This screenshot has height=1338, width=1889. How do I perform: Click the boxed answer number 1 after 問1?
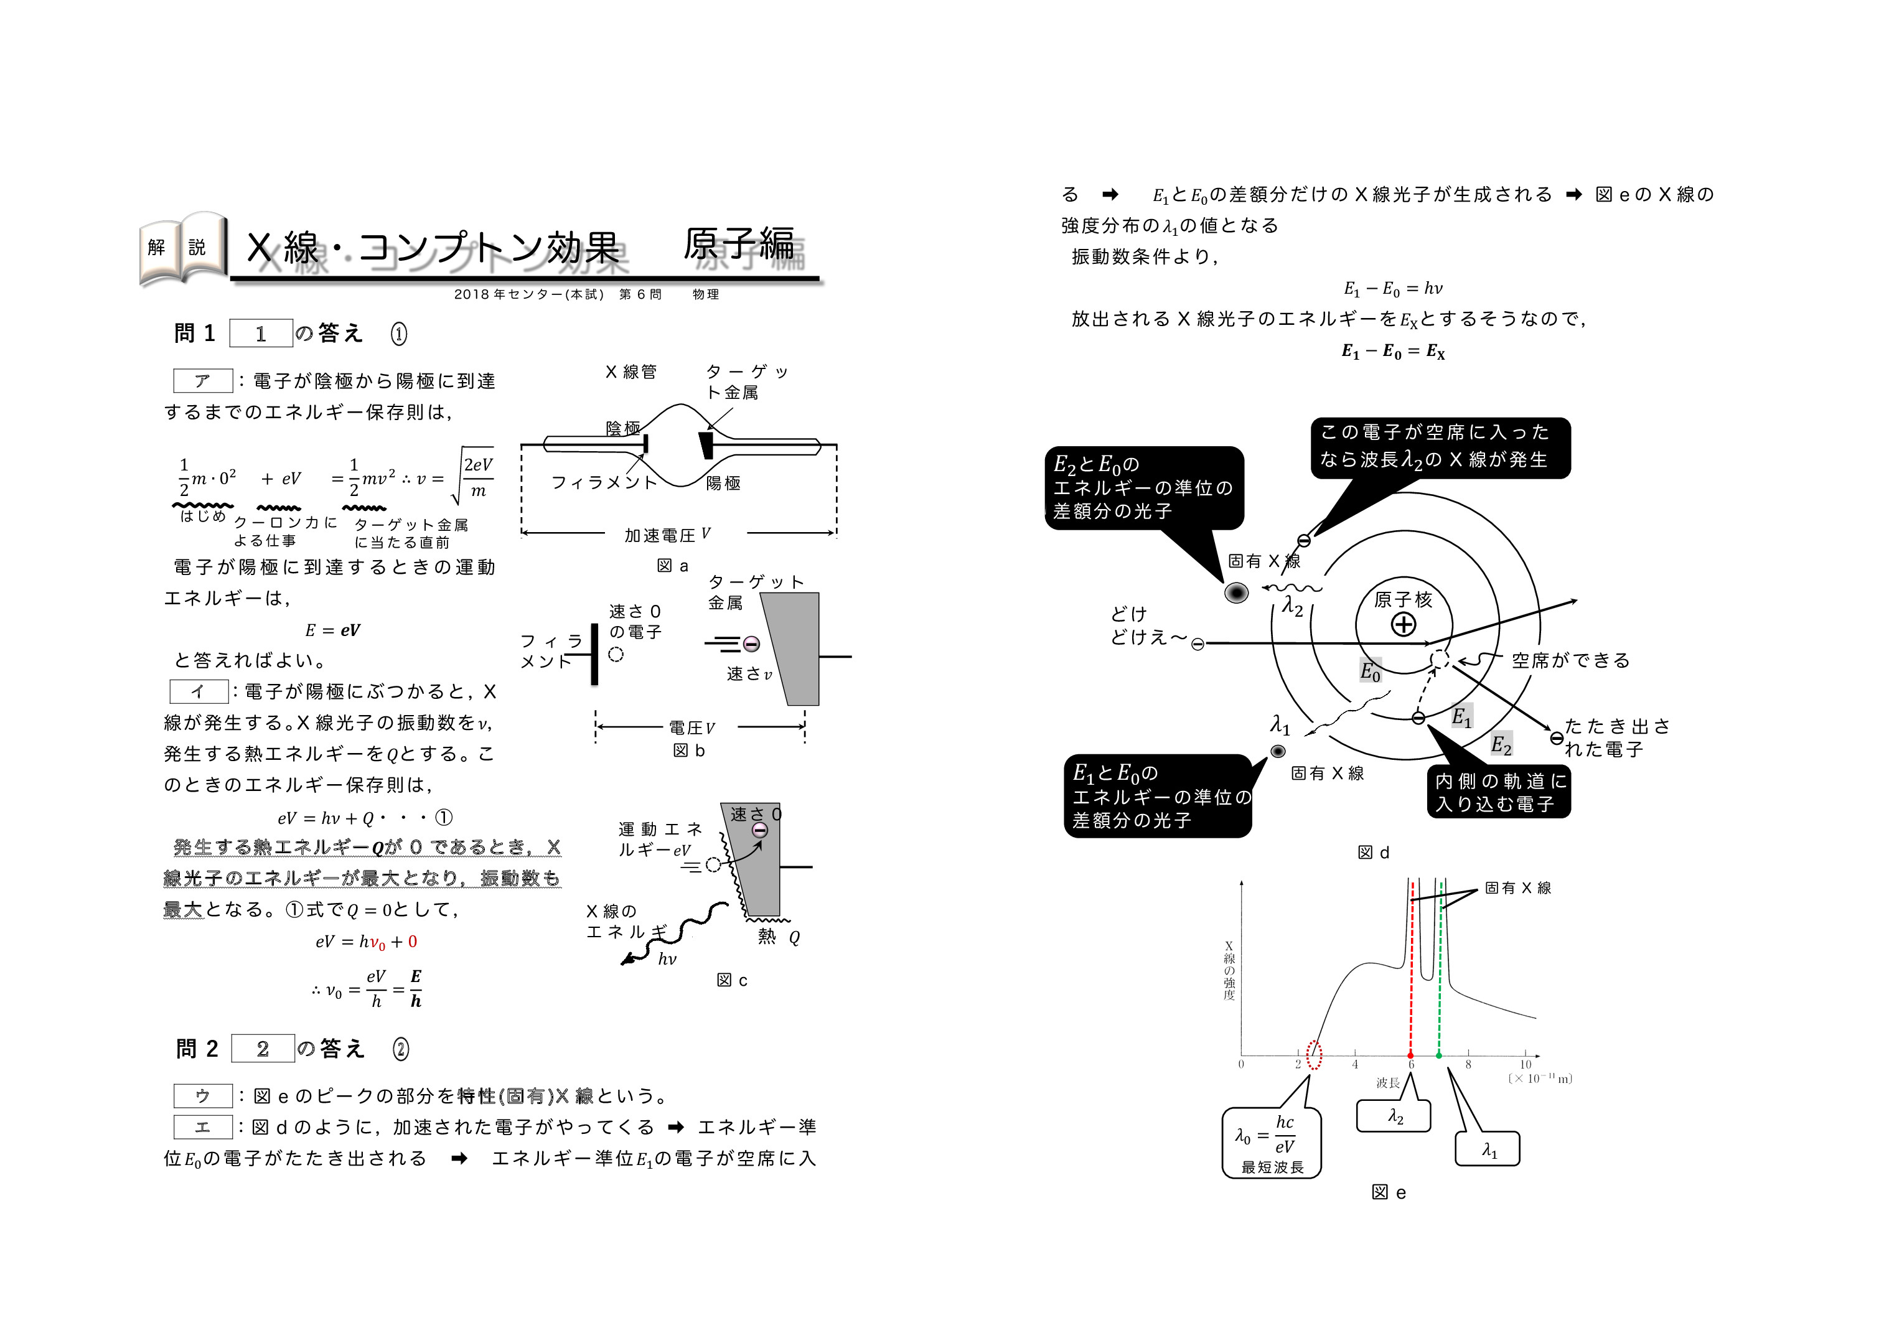coord(260,334)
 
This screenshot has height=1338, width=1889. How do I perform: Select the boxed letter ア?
coord(203,381)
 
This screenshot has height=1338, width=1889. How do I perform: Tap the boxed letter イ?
coord(199,691)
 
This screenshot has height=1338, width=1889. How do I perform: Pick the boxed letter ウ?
coord(203,1096)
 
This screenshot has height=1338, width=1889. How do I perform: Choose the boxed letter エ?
coord(203,1127)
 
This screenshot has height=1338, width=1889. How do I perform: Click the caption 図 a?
coord(672,566)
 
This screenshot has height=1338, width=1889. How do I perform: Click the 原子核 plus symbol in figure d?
coord(1404,625)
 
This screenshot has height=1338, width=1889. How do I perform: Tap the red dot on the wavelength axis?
coord(1410,1055)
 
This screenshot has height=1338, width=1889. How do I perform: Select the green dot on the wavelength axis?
coord(1439,1055)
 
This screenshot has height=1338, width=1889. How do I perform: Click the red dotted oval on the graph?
coord(1315,1055)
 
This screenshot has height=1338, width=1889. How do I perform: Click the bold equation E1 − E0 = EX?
coord(1393,352)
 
